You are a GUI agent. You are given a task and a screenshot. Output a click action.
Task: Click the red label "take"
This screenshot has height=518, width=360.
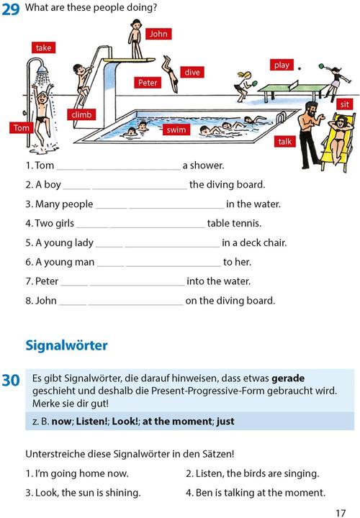tap(44, 47)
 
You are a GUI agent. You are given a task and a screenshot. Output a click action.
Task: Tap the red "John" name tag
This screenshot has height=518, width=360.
tap(158, 34)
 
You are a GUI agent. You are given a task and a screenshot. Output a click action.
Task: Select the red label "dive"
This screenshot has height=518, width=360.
tap(192, 72)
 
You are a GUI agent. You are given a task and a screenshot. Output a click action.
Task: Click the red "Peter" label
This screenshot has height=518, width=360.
tap(147, 83)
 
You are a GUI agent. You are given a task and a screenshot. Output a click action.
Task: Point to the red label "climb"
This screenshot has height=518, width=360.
tap(81, 114)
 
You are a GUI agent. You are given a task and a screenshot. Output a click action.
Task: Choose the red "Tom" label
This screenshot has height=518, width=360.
tap(22, 128)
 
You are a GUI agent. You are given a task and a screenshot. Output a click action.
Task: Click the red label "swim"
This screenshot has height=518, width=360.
tap(176, 130)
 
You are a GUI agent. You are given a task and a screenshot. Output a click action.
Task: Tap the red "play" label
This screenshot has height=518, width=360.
tap(282, 65)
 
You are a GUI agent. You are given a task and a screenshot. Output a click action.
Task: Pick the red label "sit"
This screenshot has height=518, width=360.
tap(345, 105)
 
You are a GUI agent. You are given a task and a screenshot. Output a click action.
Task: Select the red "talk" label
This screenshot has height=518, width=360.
tap(285, 142)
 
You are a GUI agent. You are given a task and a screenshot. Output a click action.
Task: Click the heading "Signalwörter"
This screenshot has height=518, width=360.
tap(66, 345)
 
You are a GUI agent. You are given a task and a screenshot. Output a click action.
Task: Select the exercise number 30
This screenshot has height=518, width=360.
tap(11, 380)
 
